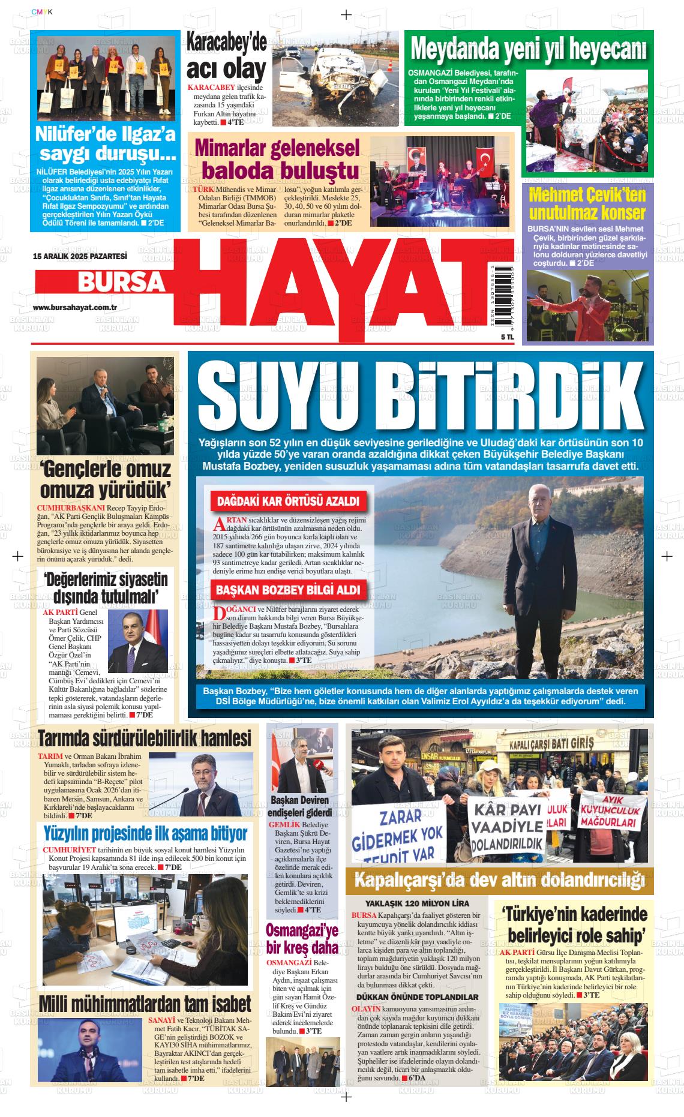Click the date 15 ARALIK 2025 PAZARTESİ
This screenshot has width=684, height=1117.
(80, 256)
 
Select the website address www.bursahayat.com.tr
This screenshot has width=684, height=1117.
(74, 307)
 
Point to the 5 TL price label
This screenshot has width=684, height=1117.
(491, 337)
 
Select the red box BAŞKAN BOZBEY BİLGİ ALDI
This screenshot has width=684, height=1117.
(287, 590)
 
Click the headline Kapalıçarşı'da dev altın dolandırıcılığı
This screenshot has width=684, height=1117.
(499, 881)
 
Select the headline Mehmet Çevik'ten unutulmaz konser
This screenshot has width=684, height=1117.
(587, 204)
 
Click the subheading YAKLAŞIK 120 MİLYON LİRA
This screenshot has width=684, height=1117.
(418, 903)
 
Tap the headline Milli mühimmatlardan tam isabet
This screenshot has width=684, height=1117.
(144, 1004)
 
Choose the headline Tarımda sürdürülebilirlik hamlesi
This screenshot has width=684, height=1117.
(144, 738)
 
